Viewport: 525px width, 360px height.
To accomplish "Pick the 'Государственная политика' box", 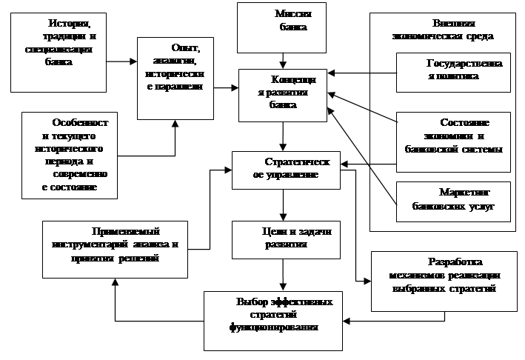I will click(x=453, y=71).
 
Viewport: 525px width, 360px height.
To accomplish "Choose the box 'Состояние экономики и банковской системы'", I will click(x=453, y=136).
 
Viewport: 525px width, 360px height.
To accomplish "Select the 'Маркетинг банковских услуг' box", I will click(x=453, y=201).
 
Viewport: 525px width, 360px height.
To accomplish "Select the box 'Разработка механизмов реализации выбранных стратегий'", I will click(x=444, y=275).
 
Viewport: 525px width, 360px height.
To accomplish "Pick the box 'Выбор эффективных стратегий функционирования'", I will click(x=274, y=321).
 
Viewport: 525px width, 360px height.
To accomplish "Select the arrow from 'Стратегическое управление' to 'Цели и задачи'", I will click(x=283, y=204).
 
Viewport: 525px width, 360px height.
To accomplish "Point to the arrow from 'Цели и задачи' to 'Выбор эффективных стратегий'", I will click(x=283, y=275).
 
